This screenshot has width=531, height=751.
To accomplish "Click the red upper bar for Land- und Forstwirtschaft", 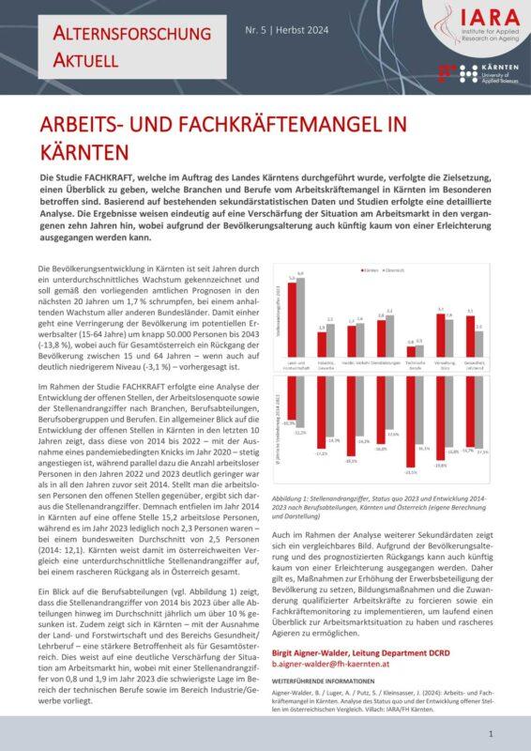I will click(292, 319).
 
